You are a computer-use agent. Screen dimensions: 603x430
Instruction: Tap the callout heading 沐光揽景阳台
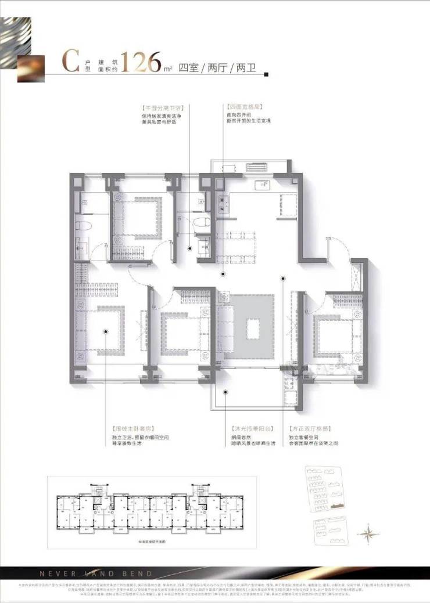(x=251, y=428)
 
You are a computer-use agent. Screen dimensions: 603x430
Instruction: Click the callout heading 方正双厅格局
(x=307, y=428)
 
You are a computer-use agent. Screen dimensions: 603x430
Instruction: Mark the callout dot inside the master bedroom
(x=105, y=331)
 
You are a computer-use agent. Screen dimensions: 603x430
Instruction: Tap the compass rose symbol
(x=367, y=530)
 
